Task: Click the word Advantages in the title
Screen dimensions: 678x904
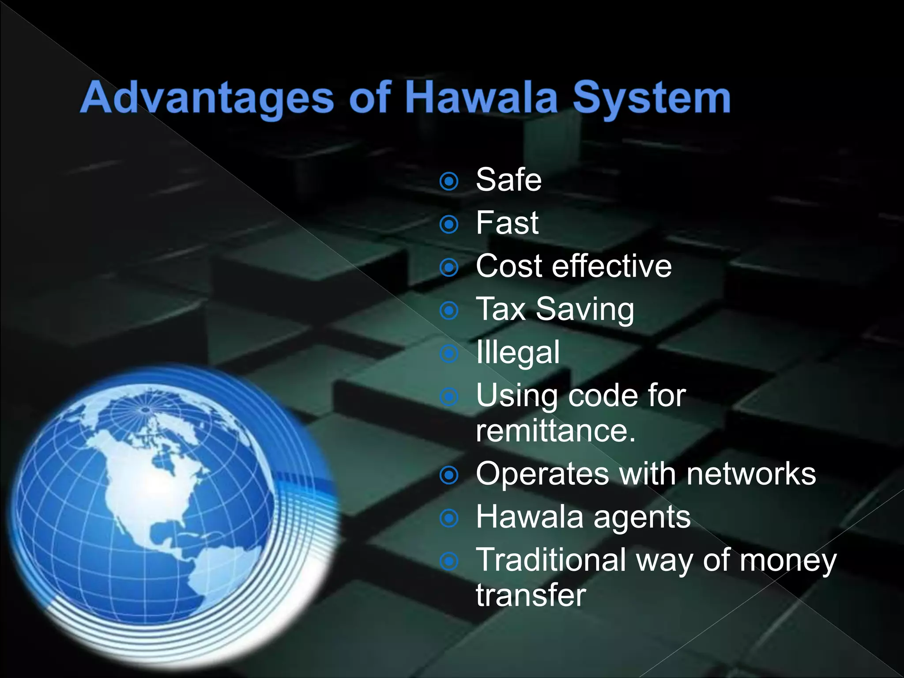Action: (207, 98)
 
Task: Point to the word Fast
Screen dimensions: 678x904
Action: (507, 222)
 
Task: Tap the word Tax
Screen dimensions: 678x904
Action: (501, 309)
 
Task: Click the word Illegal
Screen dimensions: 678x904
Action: (518, 352)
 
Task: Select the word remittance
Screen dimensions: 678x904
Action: (556, 430)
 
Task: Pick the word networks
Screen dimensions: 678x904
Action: (751, 474)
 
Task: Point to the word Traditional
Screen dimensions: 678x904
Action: (551, 560)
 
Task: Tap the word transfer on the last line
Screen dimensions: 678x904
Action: (531, 595)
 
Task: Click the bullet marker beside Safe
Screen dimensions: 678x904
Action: (449, 181)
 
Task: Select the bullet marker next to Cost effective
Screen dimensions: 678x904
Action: (449, 267)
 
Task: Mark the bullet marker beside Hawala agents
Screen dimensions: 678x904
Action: (449, 518)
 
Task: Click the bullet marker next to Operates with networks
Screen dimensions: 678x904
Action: (449, 475)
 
